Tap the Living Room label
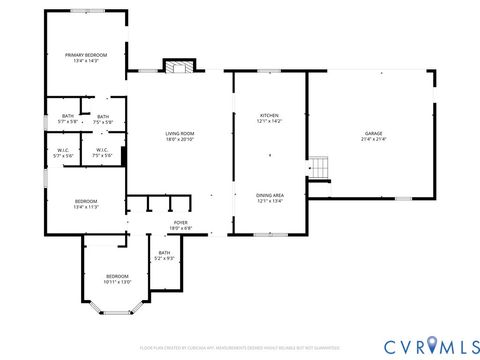[180, 134]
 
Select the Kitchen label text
[270, 115]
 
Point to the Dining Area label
[270, 195]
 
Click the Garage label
[374, 133]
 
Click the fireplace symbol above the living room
[177, 68]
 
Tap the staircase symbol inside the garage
[318, 167]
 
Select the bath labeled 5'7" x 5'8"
[67, 117]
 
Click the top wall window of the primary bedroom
[85, 11]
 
